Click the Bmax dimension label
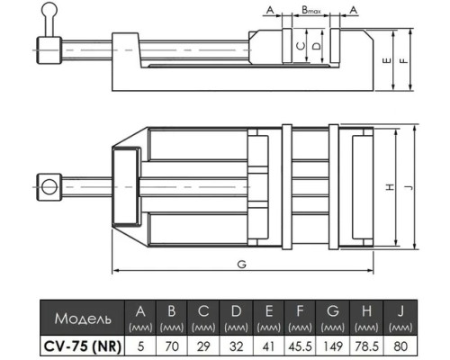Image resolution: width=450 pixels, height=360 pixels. [311, 10]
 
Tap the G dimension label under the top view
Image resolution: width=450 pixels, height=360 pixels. [241, 265]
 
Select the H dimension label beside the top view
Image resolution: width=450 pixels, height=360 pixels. [390, 187]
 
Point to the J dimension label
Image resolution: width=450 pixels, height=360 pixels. [409, 187]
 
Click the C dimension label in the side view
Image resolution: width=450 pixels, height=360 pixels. [301, 46]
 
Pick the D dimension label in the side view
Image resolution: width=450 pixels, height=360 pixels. [317, 46]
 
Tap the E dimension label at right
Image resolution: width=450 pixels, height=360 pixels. [387, 60]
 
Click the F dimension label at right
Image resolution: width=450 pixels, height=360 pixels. [404, 60]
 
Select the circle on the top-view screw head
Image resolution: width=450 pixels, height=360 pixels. [49, 187]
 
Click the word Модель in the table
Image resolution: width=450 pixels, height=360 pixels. [83, 319]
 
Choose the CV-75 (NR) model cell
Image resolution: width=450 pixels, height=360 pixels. [83, 346]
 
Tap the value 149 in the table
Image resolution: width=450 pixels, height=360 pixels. [333, 346]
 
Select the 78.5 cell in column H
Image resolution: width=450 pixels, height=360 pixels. [366, 346]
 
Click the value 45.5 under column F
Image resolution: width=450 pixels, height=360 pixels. [300, 346]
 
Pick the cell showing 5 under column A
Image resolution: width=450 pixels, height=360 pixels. [140, 346]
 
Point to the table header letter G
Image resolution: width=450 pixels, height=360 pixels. [333, 311]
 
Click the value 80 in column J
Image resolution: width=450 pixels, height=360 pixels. [400, 346]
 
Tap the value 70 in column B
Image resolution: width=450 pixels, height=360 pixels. [172, 346]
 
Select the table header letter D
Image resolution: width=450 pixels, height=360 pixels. [237, 311]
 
